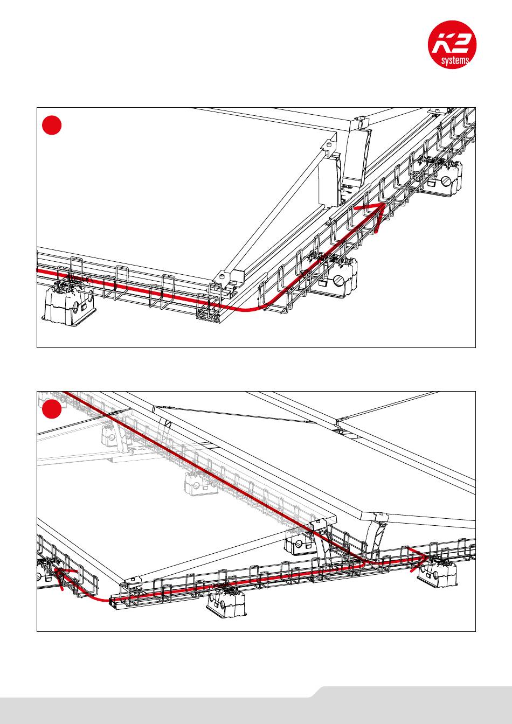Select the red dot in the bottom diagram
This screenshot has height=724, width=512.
click(52, 409)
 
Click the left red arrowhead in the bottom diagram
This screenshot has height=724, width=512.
click(60, 572)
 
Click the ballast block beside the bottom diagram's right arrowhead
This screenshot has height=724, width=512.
click(438, 574)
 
